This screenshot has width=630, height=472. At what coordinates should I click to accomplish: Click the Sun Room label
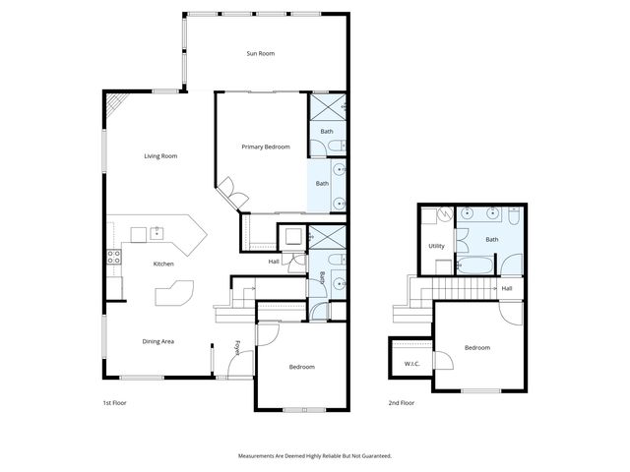(x=260, y=53)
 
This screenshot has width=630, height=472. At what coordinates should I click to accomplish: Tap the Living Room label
(x=160, y=155)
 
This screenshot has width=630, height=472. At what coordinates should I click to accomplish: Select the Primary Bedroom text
(x=266, y=147)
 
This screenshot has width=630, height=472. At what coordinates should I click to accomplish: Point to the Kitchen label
(x=162, y=264)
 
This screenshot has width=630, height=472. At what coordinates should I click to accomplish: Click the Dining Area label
(x=157, y=341)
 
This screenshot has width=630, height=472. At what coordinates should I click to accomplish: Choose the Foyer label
(x=237, y=348)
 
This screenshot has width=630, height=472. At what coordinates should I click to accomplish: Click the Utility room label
(x=436, y=246)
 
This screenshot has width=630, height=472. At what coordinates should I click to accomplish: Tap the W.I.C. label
(x=411, y=364)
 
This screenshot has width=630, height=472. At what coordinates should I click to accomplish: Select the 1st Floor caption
(x=115, y=403)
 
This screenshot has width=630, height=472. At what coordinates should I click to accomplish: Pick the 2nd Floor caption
(x=401, y=403)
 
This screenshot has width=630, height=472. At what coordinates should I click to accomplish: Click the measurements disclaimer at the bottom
(x=315, y=456)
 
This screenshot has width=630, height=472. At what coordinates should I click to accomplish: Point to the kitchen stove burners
(x=114, y=258)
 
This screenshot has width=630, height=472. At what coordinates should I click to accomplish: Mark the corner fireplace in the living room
(x=116, y=103)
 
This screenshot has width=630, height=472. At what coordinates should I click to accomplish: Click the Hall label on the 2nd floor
(x=506, y=288)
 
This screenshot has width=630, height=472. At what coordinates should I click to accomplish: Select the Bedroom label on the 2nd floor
(x=476, y=347)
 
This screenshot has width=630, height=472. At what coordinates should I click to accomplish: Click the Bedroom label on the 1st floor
(x=301, y=367)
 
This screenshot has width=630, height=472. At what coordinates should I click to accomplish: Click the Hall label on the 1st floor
(x=275, y=261)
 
